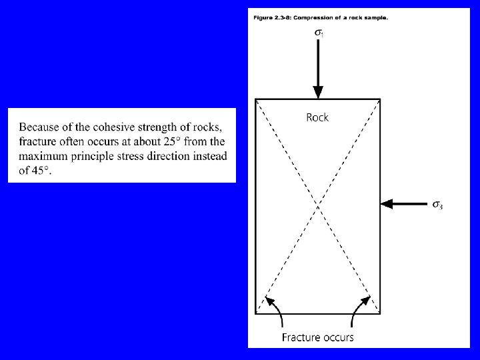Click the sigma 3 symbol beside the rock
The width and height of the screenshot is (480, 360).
pyautogui.click(x=437, y=205)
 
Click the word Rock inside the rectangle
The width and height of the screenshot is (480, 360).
pyautogui.click(x=317, y=118)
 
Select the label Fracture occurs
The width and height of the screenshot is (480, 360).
pyautogui.click(x=317, y=337)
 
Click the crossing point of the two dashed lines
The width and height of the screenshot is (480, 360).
pyautogui.click(x=318, y=205)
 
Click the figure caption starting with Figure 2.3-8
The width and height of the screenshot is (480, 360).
pyautogui.click(x=320, y=17)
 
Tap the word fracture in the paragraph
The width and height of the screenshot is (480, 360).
pyautogui.click(x=37, y=142)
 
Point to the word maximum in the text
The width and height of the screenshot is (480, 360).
pyautogui.click(x=43, y=156)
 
